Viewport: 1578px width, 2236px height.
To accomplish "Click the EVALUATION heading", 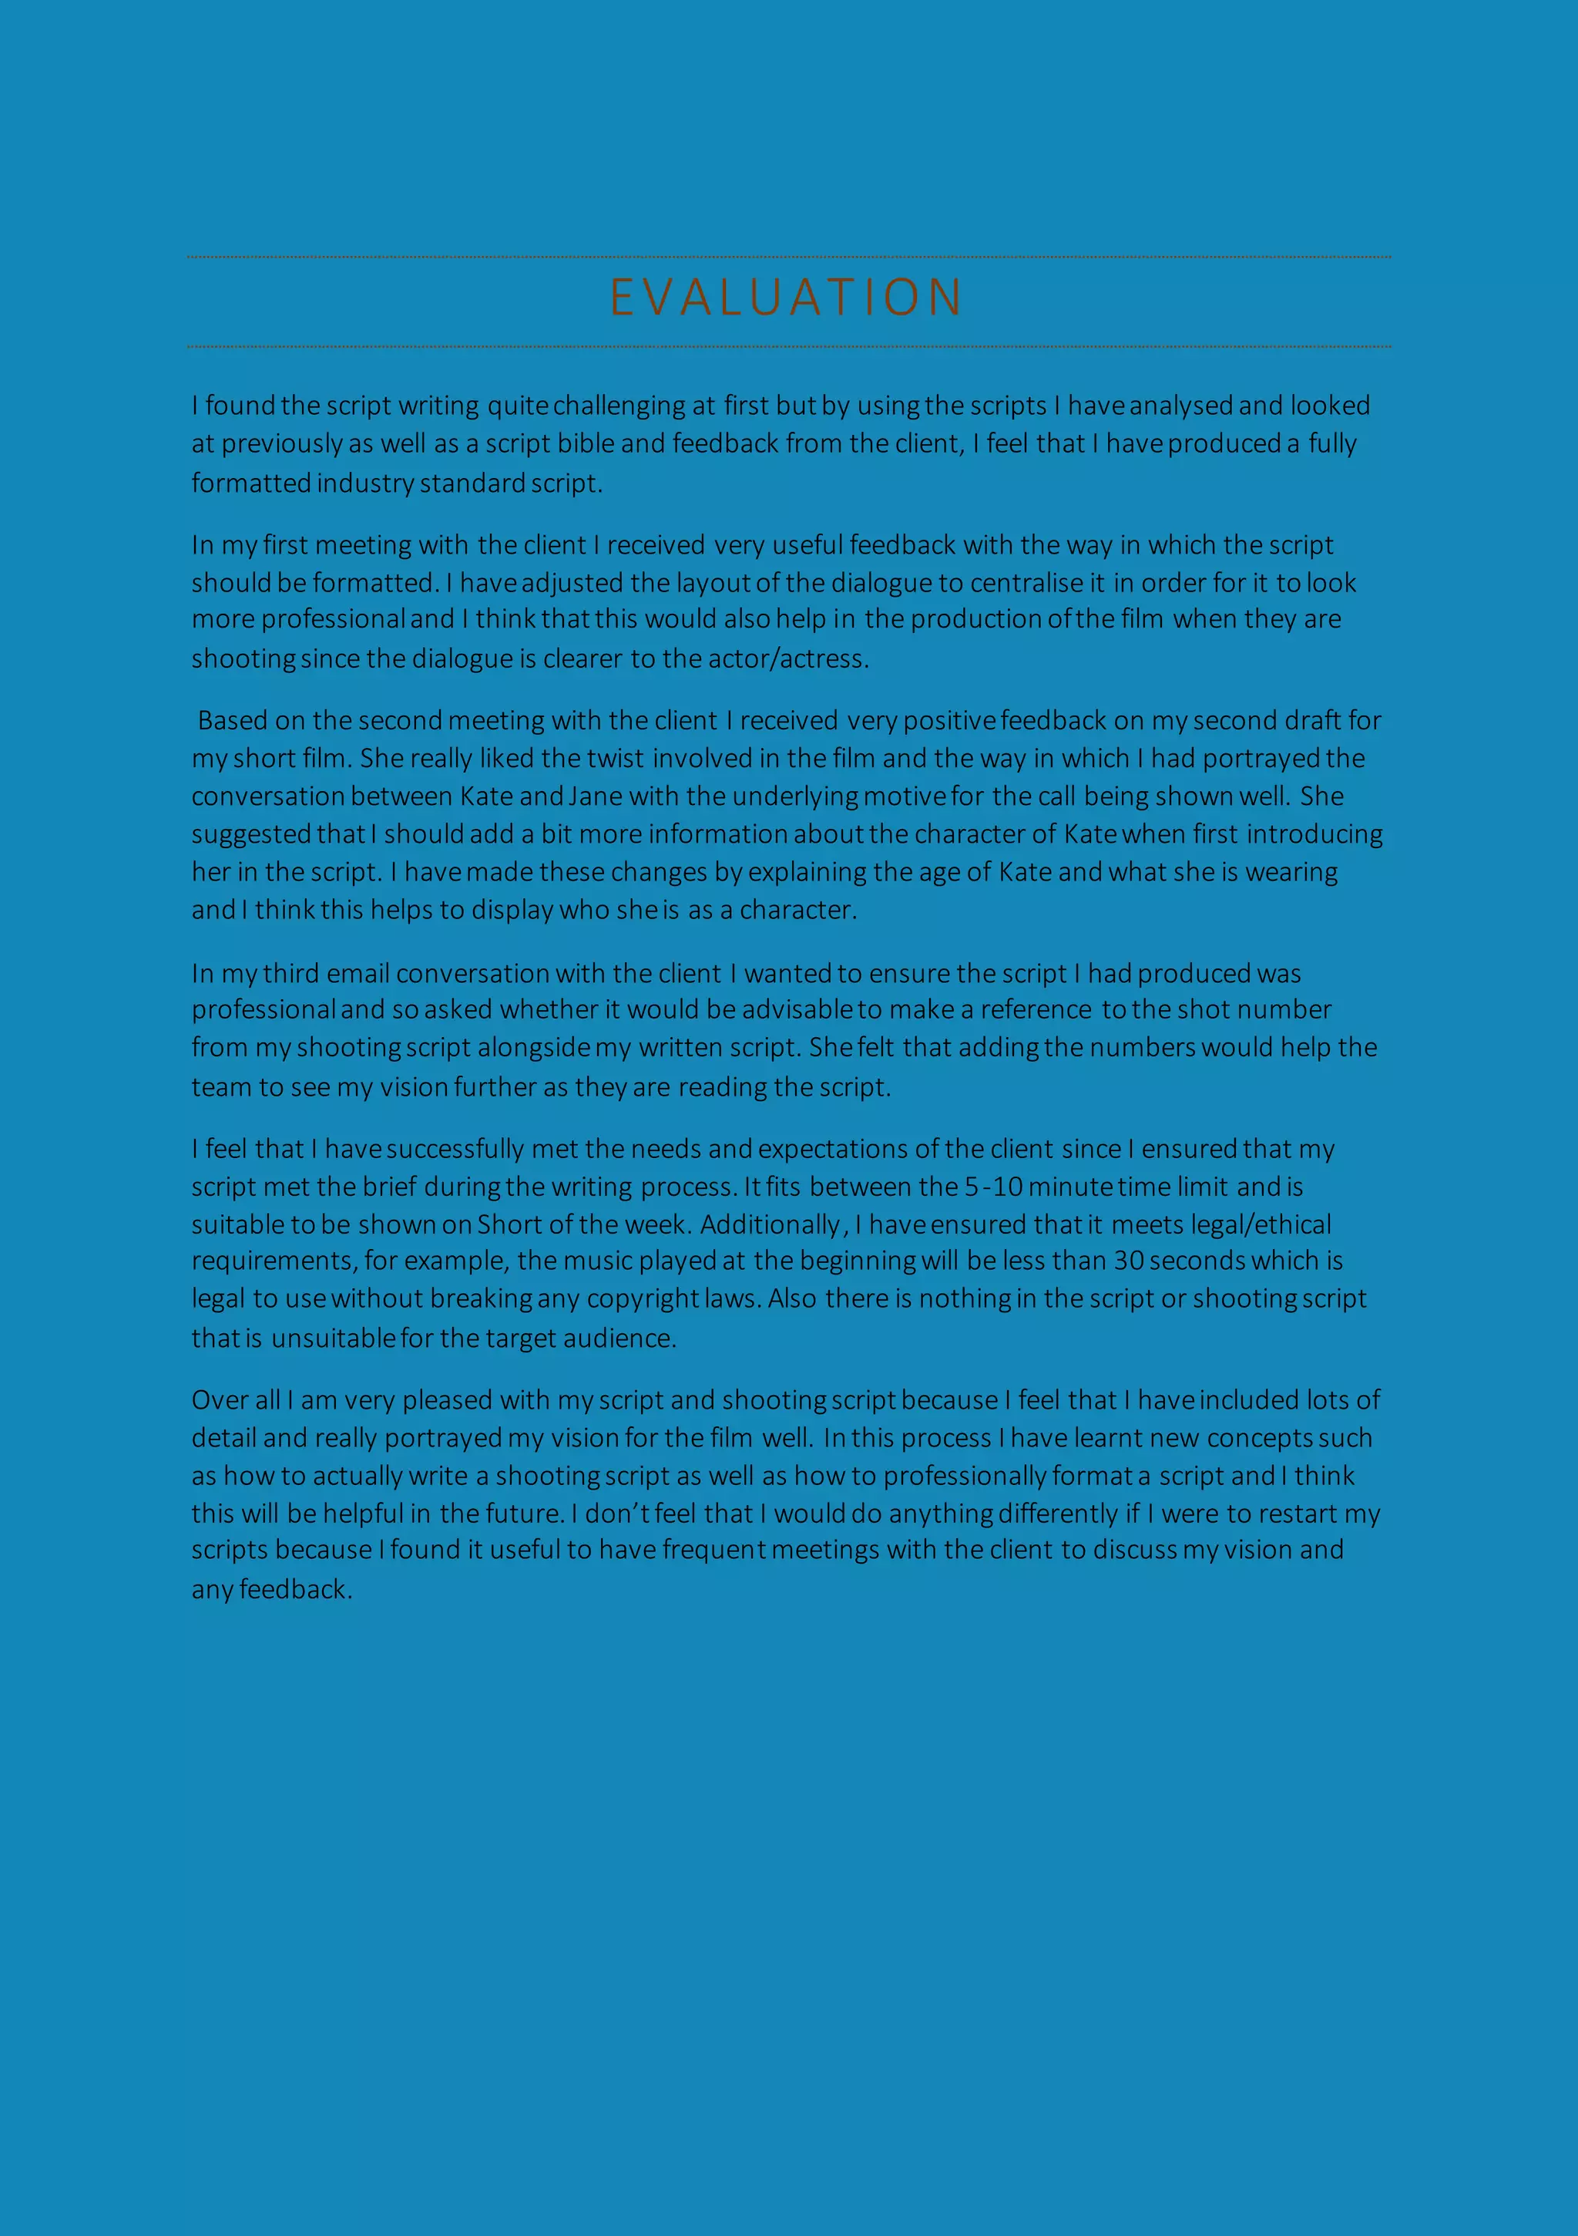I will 787,298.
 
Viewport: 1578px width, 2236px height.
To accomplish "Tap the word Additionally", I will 771,1225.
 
